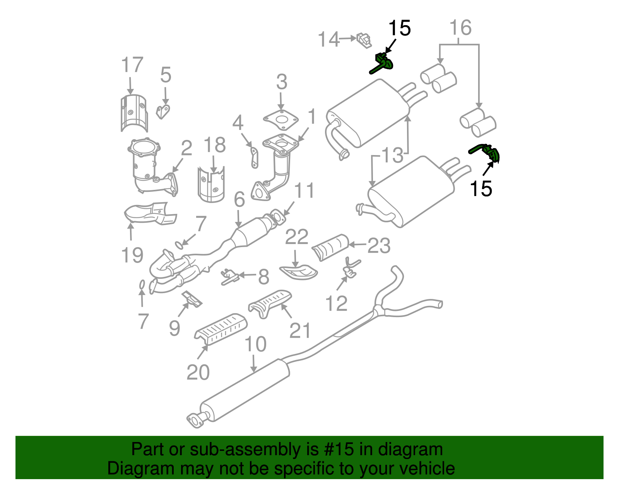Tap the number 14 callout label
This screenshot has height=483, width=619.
tap(328, 39)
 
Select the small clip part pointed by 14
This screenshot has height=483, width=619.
tap(364, 40)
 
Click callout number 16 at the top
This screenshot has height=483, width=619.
tap(460, 28)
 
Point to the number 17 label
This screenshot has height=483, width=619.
tap(132, 65)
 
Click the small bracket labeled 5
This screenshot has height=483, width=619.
tap(163, 111)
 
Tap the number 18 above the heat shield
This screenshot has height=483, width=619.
tap(215, 145)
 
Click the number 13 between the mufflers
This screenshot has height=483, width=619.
tap(392, 155)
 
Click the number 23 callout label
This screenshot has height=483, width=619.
tap(379, 246)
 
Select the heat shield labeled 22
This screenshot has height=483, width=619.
tap(298, 271)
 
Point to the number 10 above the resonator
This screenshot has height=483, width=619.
tap(255, 344)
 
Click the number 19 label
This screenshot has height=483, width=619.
tap(132, 255)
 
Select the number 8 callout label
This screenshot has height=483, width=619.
tap(263, 277)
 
